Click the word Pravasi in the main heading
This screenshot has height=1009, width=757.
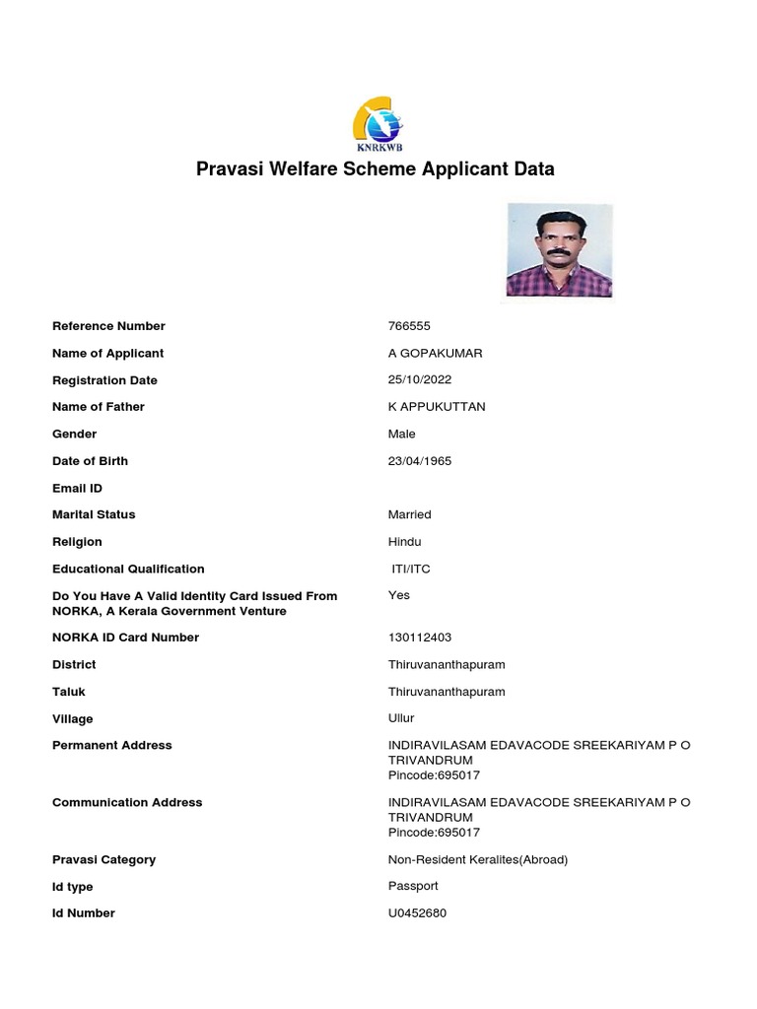[x=232, y=168]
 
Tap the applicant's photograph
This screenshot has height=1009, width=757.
[x=559, y=250]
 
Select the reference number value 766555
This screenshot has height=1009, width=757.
[x=409, y=326]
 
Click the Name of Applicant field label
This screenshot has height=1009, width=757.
[x=107, y=353]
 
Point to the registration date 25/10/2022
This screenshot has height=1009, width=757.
[x=421, y=380]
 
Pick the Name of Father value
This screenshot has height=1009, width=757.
[x=437, y=407]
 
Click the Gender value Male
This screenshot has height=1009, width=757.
[x=402, y=434]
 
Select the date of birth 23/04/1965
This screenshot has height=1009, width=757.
[x=420, y=461]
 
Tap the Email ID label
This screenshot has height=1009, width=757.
[x=77, y=488]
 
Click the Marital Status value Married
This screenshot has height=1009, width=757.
[x=410, y=514]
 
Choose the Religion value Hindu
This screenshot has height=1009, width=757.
[x=404, y=542]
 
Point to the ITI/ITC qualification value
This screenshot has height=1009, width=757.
[x=411, y=569]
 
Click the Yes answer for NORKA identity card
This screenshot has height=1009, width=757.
[x=399, y=595]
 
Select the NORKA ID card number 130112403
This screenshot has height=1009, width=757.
[x=420, y=638]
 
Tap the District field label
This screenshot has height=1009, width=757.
[x=74, y=664]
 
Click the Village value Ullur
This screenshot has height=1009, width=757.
[x=401, y=718]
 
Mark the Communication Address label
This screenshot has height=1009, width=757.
[x=127, y=802]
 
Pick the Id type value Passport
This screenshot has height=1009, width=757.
[x=413, y=886]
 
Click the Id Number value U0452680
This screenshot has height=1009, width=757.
[x=417, y=913]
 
